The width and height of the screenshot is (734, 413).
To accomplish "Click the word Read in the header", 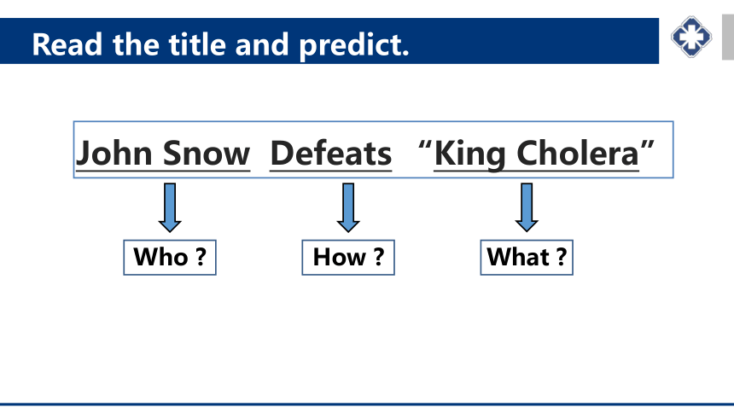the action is [x=67, y=45].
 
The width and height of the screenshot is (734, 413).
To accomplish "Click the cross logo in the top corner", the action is [x=691, y=37].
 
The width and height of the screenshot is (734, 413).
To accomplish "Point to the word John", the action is [x=114, y=153].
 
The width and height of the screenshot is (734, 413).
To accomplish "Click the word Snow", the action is [x=207, y=153].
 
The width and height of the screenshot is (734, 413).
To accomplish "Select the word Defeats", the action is [x=331, y=153].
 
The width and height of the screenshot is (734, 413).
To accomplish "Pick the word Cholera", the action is [x=578, y=153].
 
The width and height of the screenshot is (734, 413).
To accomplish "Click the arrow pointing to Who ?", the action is [x=170, y=207].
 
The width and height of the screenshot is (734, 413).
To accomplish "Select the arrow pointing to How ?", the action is [x=348, y=207].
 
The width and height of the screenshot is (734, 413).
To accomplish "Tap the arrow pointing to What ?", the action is [x=527, y=207].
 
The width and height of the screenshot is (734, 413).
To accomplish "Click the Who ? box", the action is [x=170, y=258].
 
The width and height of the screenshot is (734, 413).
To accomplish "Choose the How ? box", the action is [x=348, y=258].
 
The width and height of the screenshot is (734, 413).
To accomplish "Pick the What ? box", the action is [x=527, y=258].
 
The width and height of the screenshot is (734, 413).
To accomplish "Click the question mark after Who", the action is [x=201, y=257].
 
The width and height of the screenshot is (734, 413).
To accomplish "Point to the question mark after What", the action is [x=562, y=257].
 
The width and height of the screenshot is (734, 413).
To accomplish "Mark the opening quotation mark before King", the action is [x=425, y=145].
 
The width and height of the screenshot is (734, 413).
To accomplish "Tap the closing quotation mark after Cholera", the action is [x=648, y=145].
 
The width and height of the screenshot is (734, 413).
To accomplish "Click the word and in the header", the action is [x=262, y=45].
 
